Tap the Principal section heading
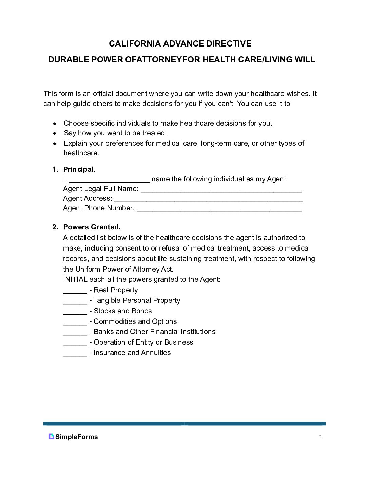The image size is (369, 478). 79,169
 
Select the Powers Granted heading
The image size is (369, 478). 92,227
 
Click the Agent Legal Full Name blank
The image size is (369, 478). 221,190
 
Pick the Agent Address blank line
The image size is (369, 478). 209,199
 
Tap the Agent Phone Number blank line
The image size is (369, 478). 219,209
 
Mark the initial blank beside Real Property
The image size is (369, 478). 75,291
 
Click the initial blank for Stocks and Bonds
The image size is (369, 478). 75,312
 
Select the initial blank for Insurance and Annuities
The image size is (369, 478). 75,354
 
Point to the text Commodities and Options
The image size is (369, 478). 135,321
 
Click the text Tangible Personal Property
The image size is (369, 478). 137,300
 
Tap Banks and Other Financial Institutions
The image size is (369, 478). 154,332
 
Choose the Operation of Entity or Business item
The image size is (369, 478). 143,342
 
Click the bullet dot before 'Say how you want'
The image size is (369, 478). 55,133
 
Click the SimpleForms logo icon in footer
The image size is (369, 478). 51,437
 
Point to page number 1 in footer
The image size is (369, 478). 320,437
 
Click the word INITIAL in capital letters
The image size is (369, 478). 75,279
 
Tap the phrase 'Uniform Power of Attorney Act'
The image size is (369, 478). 124,269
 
